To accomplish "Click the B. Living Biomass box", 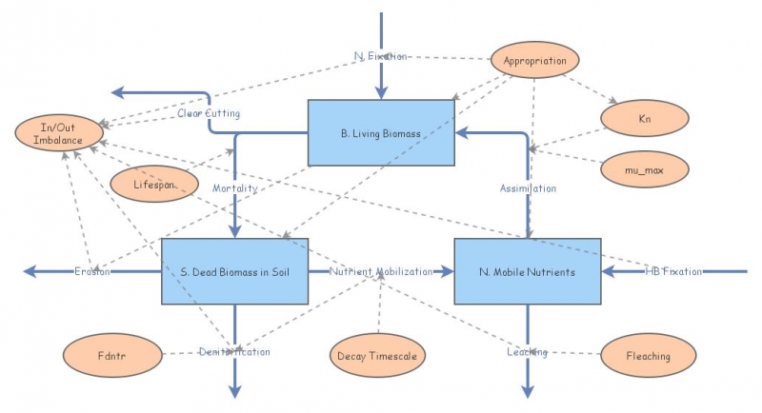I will click(380, 133).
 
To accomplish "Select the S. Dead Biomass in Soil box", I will click(233, 271).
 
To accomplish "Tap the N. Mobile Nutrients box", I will click(528, 271).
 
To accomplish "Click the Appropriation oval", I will click(534, 61).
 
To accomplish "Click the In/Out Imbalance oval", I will click(59, 133).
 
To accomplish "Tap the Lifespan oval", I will click(155, 183).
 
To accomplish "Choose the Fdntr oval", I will click(110, 356).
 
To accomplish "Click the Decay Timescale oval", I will click(378, 356).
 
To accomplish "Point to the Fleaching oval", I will click(647, 356).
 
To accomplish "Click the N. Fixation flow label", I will click(380, 56).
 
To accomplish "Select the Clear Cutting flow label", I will click(208, 113).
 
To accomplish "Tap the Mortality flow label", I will click(234, 188).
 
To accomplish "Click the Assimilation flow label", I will click(528, 188).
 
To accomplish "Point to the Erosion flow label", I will click(92, 272).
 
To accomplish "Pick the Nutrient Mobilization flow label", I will click(381, 272).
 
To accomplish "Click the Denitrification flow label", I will click(234, 352).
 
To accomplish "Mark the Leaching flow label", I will click(527, 352).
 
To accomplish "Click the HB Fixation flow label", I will click(673, 272).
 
